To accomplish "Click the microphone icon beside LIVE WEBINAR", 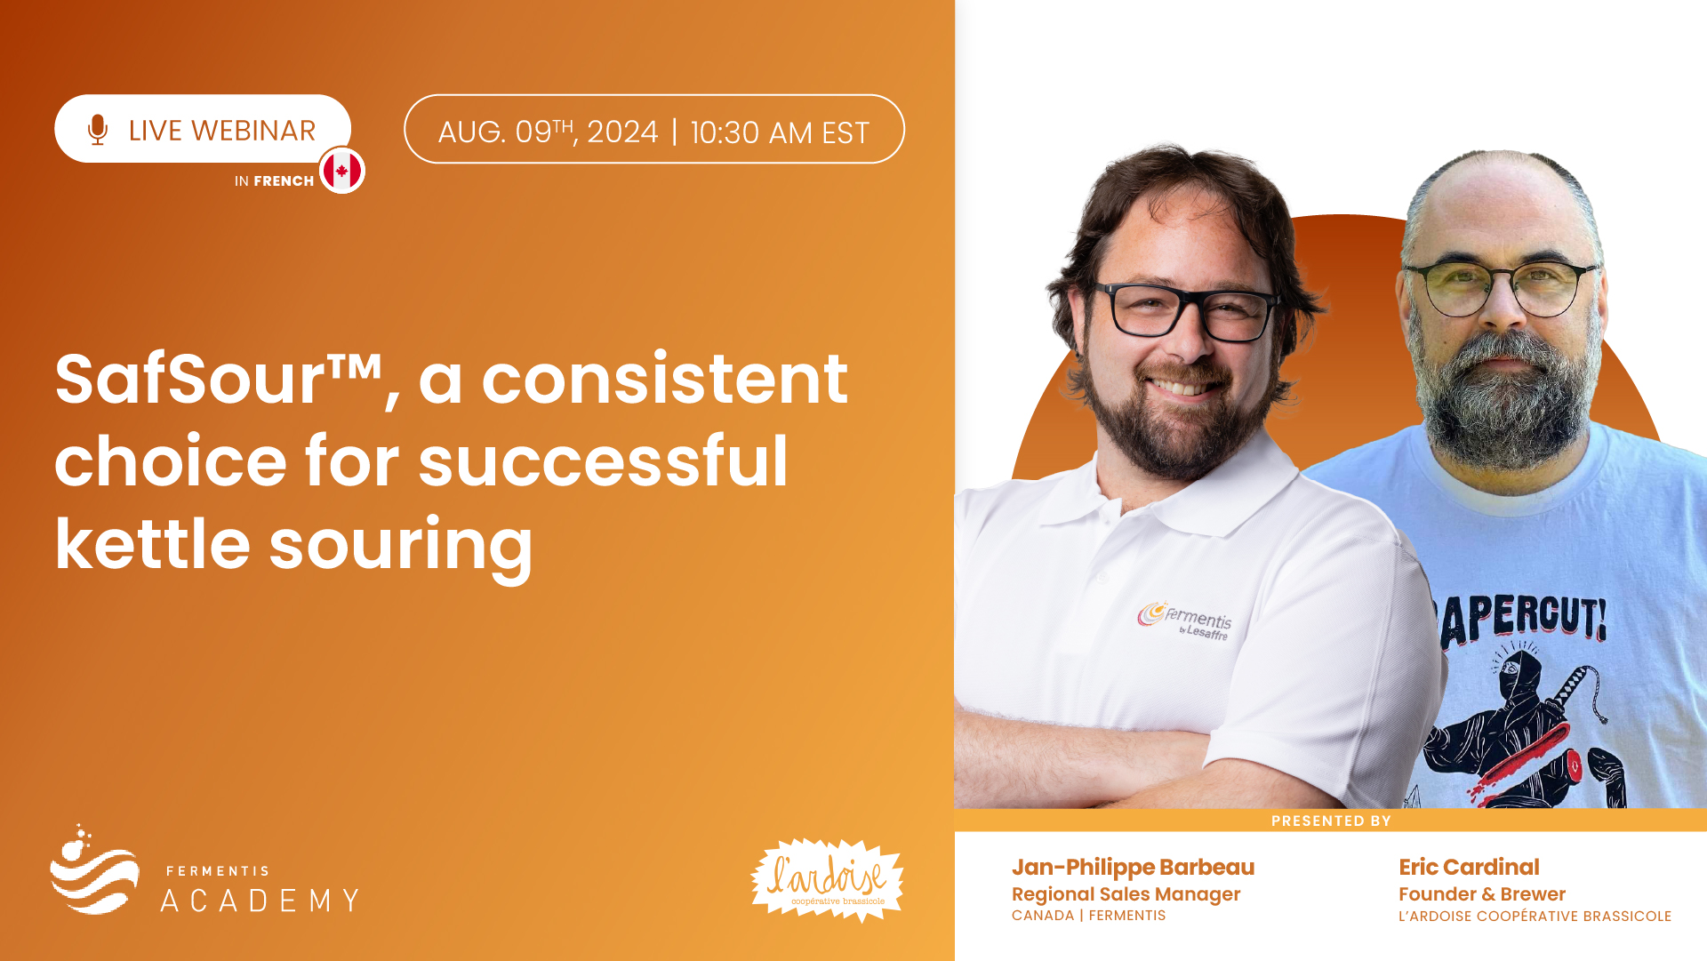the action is (98, 130).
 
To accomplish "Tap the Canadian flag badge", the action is (342, 170).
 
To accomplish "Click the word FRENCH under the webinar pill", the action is (284, 180).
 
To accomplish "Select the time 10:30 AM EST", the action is (780, 132).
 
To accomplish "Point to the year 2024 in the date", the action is (622, 132).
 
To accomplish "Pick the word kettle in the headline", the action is (153, 543).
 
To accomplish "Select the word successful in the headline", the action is (603, 461).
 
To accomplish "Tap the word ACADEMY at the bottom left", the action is (260, 901).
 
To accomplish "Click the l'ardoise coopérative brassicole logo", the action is (827, 880).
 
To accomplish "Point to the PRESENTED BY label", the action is (1331, 821).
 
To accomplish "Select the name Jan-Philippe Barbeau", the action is (1133, 867).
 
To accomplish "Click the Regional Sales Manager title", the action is (1126, 894).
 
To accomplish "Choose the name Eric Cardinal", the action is (1469, 867).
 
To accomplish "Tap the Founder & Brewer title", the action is (1482, 894).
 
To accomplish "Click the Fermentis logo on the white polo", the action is (1185, 620).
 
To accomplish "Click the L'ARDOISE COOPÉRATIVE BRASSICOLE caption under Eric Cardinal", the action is (1535, 917).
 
